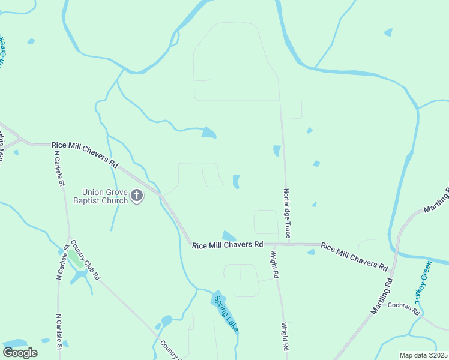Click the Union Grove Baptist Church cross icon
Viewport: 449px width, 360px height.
click(137, 196)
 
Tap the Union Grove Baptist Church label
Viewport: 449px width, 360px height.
click(101, 196)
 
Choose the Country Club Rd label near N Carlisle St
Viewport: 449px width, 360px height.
click(85, 260)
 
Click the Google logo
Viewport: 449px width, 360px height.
click(20, 352)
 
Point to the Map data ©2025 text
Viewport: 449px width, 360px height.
click(423, 355)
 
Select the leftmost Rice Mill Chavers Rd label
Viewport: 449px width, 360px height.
click(85, 152)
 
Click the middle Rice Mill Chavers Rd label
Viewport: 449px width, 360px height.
click(228, 245)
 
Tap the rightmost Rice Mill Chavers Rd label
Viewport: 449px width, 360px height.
click(354, 256)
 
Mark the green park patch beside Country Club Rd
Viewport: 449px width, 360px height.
click(76, 259)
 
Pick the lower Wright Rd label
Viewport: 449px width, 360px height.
click(285, 337)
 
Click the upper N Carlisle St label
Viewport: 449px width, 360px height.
click(59, 169)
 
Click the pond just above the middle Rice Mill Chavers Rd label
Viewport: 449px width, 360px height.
click(229, 236)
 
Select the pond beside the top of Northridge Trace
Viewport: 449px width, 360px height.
click(277, 151)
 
